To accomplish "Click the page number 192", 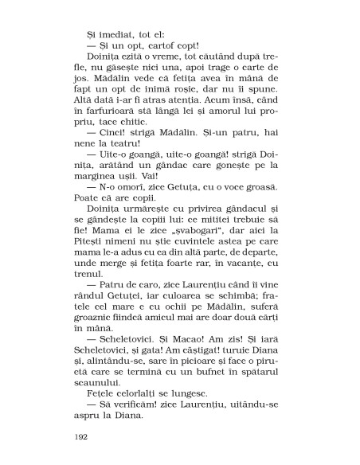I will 80,437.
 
